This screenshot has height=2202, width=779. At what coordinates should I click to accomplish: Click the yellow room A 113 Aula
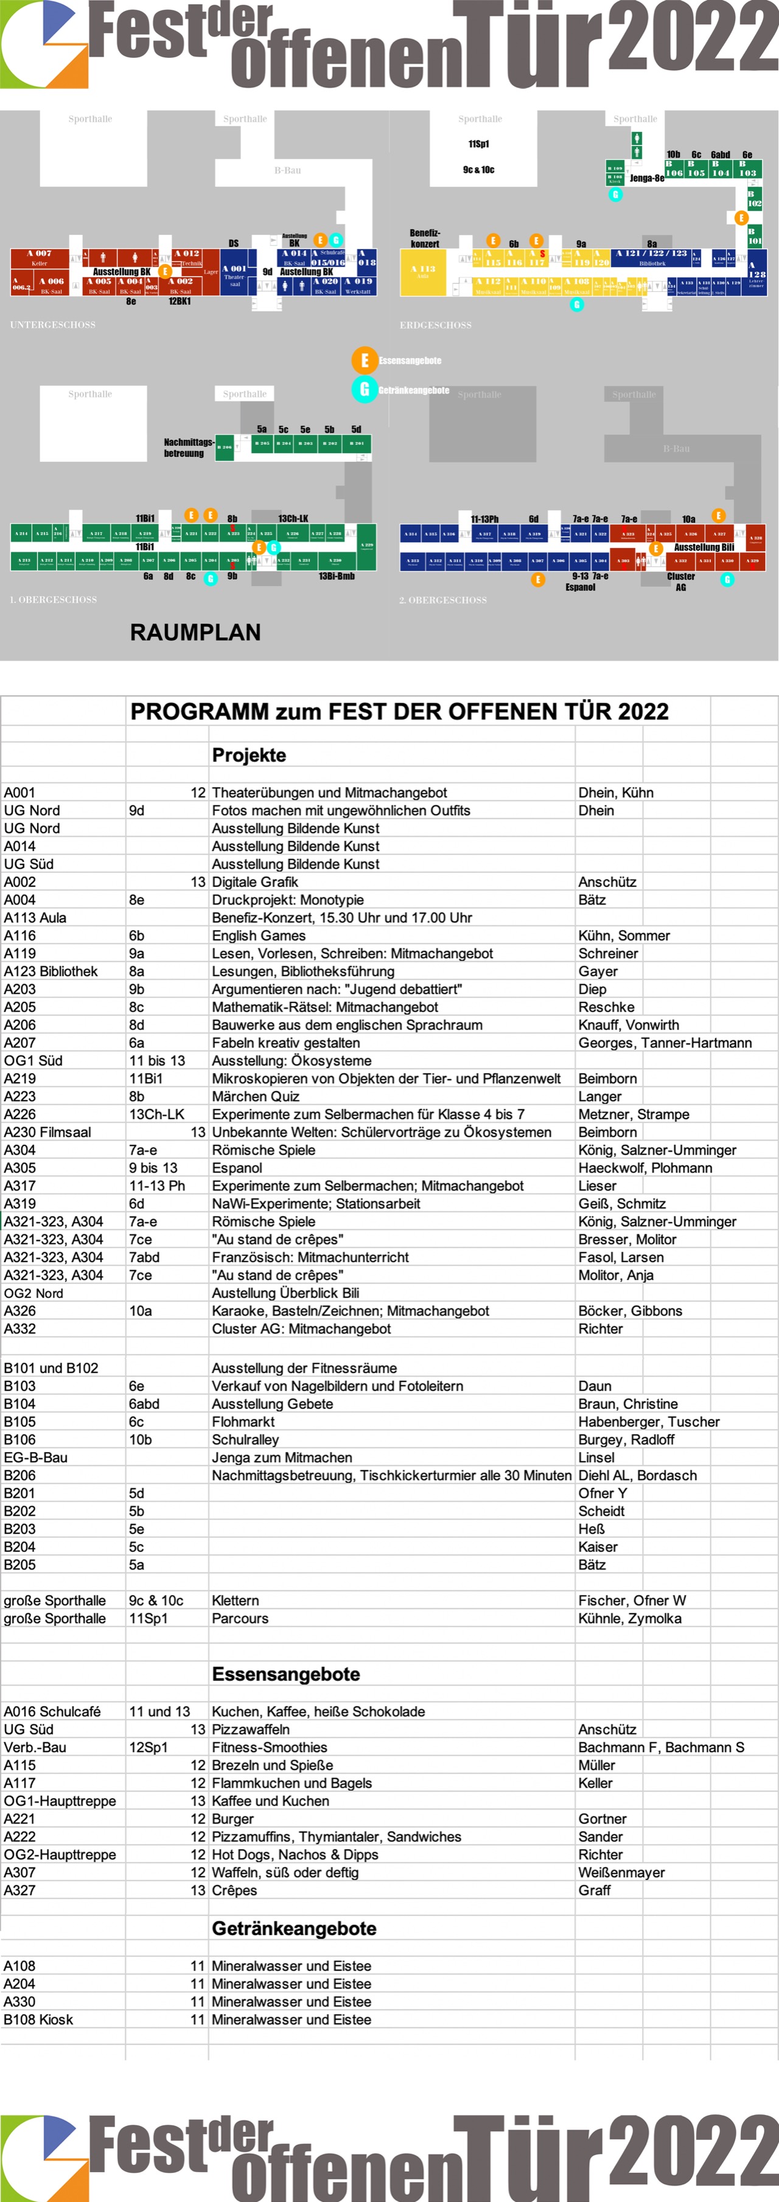(422, 272)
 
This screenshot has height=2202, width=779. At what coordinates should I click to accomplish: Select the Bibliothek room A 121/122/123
(652, 257)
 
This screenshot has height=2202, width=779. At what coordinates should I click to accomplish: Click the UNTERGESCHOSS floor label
(53, 325)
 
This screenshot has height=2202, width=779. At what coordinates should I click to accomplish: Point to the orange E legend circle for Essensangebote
(365, 360)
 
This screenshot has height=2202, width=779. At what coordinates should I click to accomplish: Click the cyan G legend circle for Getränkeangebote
(365, 390)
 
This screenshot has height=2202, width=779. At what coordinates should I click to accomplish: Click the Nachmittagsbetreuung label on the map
(187, 448)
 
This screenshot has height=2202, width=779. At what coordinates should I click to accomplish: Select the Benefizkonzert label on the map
(424, 238)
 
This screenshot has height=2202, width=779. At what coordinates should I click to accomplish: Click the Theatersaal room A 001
(234, 274)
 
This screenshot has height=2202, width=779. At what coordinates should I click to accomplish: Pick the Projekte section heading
(249, 755)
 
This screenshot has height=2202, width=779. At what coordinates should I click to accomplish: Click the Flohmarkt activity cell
(243, 1422)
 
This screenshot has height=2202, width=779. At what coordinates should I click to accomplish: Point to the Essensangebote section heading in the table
(285, 1674)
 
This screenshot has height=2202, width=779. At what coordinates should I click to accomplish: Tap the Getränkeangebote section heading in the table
(294, 1928)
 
